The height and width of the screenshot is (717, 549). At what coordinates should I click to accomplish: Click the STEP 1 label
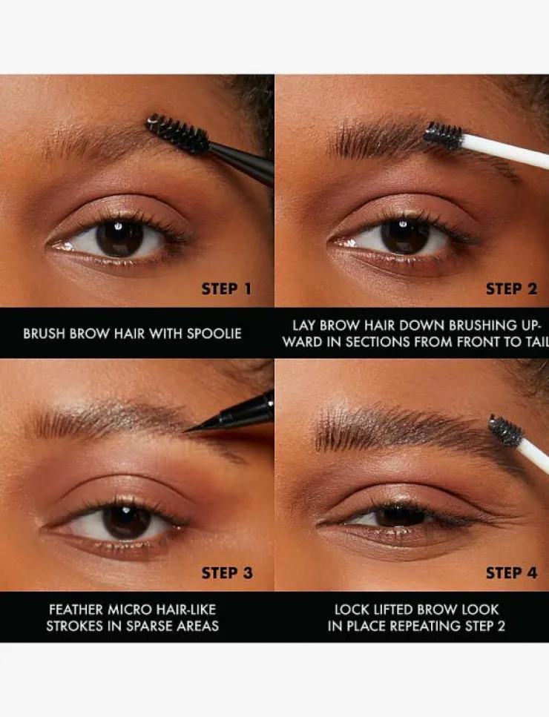point(226,289)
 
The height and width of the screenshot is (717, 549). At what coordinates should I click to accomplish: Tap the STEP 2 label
point(511,289)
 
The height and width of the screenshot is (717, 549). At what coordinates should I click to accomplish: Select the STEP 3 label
point(227,573)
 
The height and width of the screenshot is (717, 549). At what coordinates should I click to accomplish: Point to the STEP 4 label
point(511,573)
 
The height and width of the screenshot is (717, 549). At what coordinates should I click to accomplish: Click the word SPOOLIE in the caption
point(214,334)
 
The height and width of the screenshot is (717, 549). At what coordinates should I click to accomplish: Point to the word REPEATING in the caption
point(424,626)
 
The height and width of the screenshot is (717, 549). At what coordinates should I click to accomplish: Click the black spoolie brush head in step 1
point(177,133)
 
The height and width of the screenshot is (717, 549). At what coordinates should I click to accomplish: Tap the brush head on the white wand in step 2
point(443,136)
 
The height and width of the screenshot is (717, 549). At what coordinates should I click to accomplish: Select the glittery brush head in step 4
point(506,430)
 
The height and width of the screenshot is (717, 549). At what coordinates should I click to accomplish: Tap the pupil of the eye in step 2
point(404,237)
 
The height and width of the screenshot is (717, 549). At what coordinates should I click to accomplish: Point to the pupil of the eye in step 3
point(125,521)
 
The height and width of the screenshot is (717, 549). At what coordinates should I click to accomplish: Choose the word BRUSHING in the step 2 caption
point(481,326)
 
